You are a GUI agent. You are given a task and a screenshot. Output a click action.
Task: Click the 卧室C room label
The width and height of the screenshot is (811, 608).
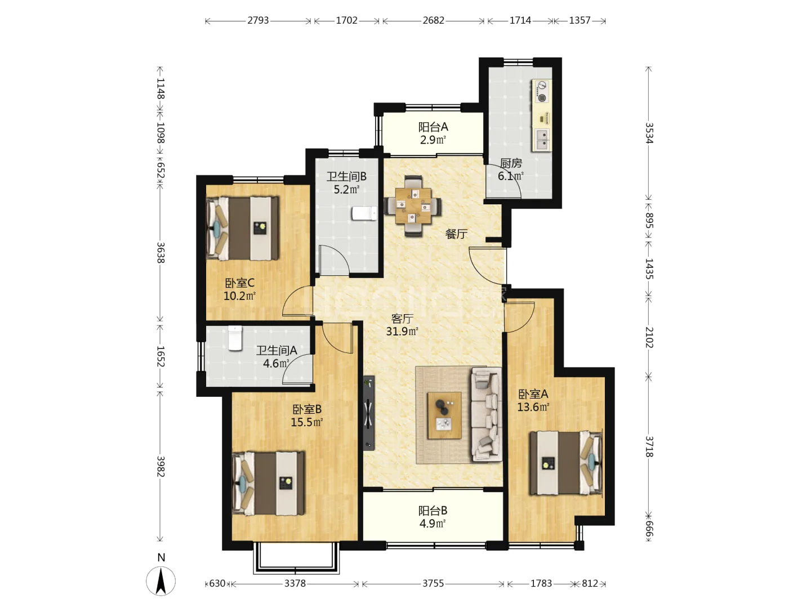[239, 283]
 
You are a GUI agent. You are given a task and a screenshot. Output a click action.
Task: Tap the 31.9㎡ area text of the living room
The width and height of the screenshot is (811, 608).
[402, 331]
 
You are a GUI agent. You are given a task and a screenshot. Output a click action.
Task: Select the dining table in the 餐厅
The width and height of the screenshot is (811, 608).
[413, 205]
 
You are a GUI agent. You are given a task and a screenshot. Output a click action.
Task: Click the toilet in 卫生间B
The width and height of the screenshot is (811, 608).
[364, 213]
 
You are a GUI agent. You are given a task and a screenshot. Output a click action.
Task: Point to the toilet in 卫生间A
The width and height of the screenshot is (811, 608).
[235, 338]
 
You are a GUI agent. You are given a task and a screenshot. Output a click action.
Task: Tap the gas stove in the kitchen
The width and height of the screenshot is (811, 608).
[542, 91]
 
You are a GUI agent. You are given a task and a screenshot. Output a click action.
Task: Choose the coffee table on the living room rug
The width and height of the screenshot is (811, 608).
[444, 415]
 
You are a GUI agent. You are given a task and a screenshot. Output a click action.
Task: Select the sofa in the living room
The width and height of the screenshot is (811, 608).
[485, 414]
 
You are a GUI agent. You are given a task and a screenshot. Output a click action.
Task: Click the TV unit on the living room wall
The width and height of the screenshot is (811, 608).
[369, 413]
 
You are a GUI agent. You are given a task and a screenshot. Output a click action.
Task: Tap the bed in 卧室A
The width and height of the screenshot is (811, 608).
[565, 463]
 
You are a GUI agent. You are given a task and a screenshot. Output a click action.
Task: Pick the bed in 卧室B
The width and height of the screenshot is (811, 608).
[268, 483]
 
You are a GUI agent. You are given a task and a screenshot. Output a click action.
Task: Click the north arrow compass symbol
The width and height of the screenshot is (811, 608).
[161, 581]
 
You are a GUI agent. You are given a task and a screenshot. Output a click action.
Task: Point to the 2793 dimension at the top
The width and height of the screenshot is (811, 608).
[258, 20]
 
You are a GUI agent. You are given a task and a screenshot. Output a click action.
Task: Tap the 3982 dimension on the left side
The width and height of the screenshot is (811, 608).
[161, 466]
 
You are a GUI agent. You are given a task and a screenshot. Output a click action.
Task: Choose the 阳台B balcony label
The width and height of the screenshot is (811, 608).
[433, 511]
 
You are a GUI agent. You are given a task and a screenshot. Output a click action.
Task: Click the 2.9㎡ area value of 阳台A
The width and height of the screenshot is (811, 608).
[433, 140]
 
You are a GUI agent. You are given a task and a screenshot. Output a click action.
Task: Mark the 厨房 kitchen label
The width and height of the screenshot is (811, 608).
[511, 163]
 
